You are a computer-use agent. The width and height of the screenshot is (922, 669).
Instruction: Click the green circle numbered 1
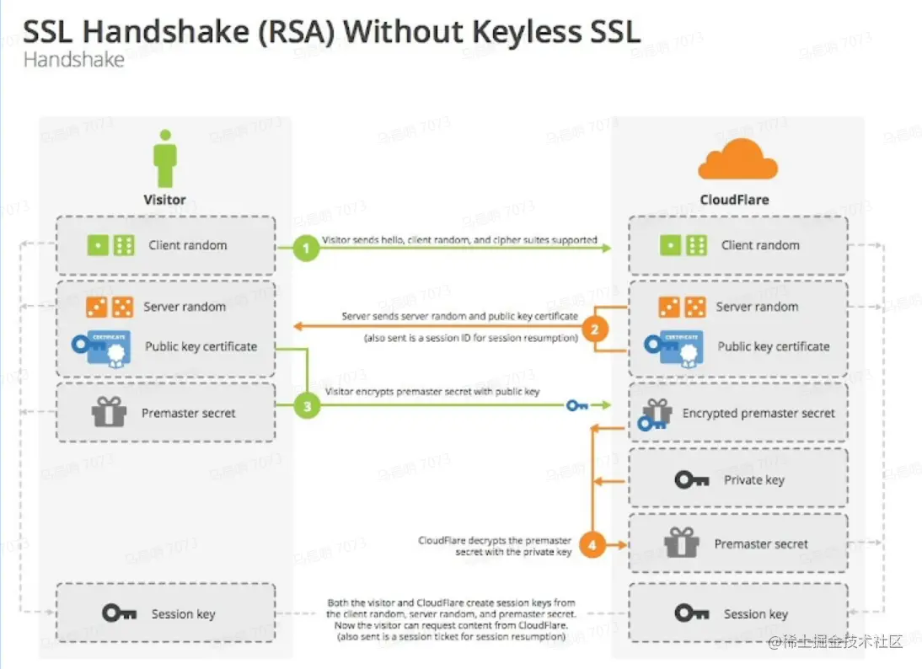pos(307,249)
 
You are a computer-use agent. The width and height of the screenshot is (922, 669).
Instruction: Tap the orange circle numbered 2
pos(595,329)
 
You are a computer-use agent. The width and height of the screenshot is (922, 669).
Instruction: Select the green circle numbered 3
pos(307,407)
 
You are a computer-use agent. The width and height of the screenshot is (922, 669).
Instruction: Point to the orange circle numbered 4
pos(592,545)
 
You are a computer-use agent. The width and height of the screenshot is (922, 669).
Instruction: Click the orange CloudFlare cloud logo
pos(737,160)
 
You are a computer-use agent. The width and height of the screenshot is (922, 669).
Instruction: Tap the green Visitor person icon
pos(165,158)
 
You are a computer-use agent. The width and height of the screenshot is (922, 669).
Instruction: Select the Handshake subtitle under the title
pos(74,61)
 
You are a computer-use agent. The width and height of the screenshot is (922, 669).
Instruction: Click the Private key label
pos(754,480)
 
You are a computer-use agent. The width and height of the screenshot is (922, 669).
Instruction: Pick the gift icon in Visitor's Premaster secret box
pos(110,413)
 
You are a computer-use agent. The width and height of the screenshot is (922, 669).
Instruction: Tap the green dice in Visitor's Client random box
pos(111,245)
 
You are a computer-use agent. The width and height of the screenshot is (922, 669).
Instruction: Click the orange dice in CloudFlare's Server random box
pos(682,307)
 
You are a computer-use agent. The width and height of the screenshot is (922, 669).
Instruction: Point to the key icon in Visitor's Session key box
pos(119,613)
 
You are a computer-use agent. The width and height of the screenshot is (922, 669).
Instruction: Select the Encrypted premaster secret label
pos(759,414)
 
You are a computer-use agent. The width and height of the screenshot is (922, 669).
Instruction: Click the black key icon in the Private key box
pos(692,479)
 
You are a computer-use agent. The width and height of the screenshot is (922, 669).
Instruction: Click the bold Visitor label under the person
pos(164,201)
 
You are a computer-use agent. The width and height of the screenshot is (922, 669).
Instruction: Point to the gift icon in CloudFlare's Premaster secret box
pos(681,543)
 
